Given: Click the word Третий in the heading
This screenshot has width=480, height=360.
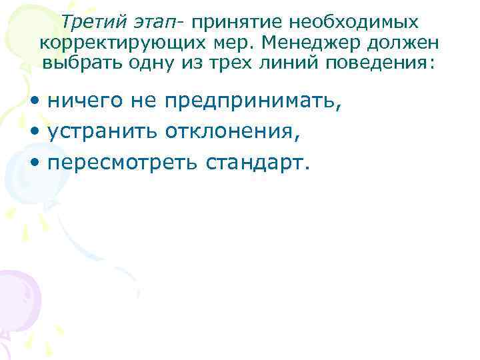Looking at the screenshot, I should pos(90,22).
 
